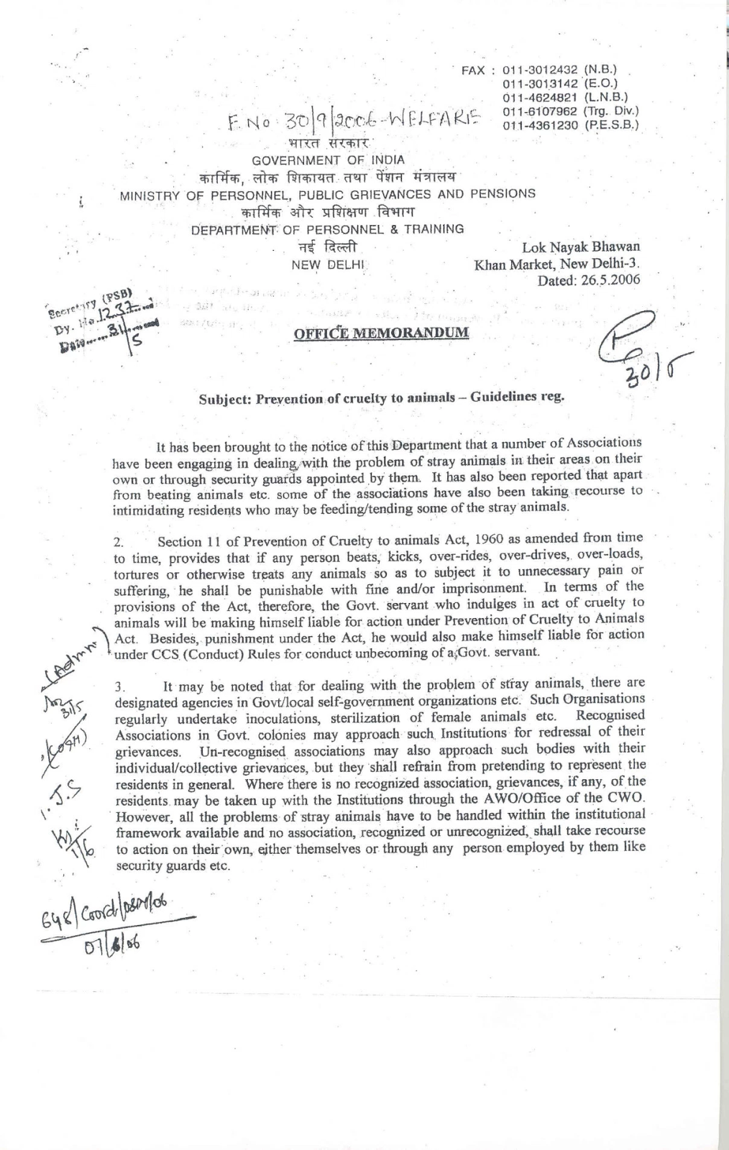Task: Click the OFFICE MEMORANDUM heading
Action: tap(381, 333)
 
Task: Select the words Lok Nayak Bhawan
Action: tap(581, 247)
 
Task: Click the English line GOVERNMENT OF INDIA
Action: tap(328, 160)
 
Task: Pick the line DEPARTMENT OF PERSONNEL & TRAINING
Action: tap(327, 229)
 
